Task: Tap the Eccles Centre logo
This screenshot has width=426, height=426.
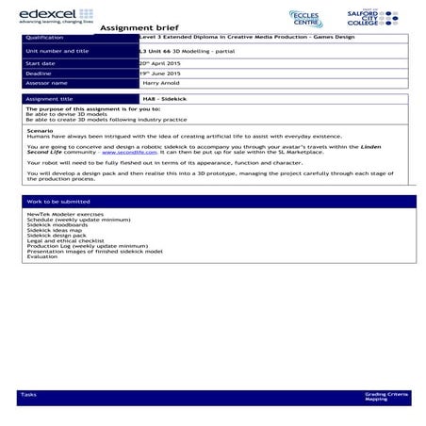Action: (306, 19)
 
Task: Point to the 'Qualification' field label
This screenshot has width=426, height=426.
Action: (46, 39)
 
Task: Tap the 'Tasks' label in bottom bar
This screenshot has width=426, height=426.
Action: (27, 393)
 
